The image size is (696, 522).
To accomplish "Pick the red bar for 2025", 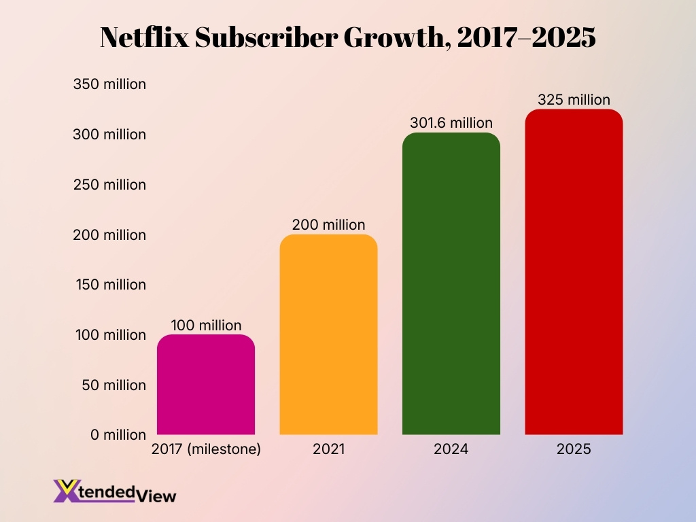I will [574, 272].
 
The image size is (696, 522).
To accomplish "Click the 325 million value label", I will [574, 100].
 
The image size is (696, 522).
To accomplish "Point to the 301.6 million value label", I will [451, 123].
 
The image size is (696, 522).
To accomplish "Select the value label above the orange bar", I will [328, 225].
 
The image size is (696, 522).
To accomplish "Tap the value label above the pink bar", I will [206, 326].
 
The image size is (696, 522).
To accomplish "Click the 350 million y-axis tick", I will [109, 85].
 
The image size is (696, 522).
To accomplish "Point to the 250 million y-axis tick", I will [109, 185].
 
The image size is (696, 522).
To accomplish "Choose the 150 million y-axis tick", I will [109, 285].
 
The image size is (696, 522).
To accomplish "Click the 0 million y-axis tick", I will [118, 435].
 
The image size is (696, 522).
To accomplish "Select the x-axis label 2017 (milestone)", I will [206, 449].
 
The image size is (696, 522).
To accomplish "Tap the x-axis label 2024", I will [451, 449].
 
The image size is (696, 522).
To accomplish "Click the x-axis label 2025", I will [574, 449].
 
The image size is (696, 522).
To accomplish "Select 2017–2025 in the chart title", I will [526, 38].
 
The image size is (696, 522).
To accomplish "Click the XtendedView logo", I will [114, 491].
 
